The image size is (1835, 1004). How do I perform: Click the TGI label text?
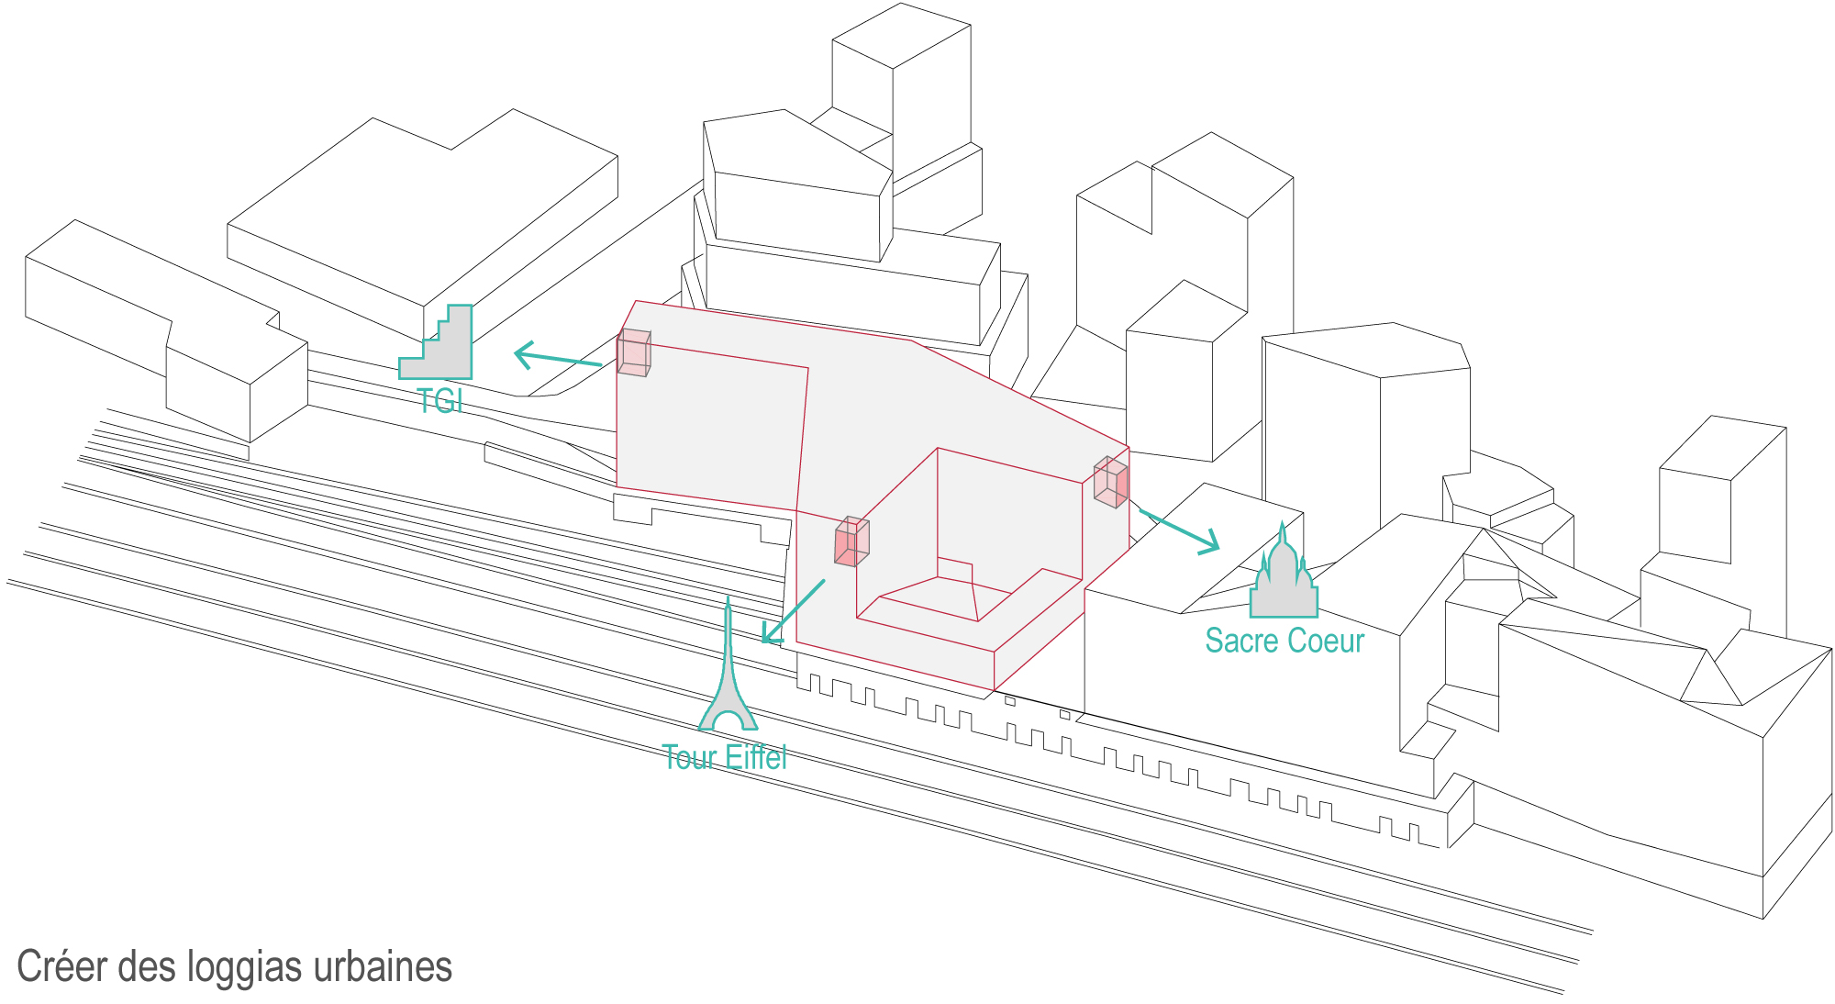point(439,401)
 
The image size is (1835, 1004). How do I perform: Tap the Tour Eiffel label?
point(725,757)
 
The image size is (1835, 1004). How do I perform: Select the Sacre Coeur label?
point(1284,641)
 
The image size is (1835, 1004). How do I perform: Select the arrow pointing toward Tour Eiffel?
point(794,611)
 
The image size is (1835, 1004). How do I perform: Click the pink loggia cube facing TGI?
point(634,353)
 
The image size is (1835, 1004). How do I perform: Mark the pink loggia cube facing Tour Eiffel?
point(851,541)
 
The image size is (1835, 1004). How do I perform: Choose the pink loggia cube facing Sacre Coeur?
point(1111,482)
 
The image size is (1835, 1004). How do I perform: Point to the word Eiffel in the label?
point(755,757)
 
